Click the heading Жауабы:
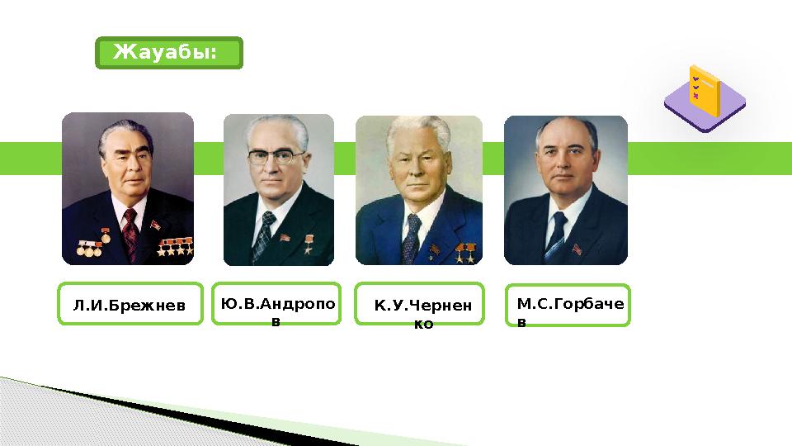click(168, 53)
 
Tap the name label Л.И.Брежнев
click(130, 306)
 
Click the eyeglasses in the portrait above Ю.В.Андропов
click(277, 157)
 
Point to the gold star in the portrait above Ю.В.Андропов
click(309, 240)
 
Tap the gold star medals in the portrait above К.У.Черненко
click(464, 250)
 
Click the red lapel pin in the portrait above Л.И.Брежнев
click(154, 225)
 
